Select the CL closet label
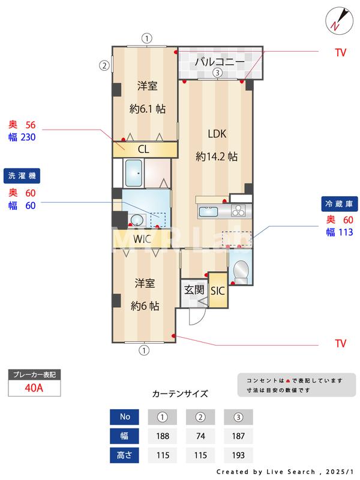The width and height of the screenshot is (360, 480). coord(144,149)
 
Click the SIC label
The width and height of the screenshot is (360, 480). coord(217,291)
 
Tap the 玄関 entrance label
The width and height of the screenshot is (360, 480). coord(194,290)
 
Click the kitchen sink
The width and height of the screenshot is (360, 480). coord(209,211)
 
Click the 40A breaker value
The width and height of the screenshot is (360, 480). coord(34,388)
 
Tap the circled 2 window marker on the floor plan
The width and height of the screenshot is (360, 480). coord(104,65)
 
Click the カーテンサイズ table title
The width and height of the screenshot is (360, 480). coord(180,394)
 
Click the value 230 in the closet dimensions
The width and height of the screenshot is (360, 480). coord(28,137)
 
